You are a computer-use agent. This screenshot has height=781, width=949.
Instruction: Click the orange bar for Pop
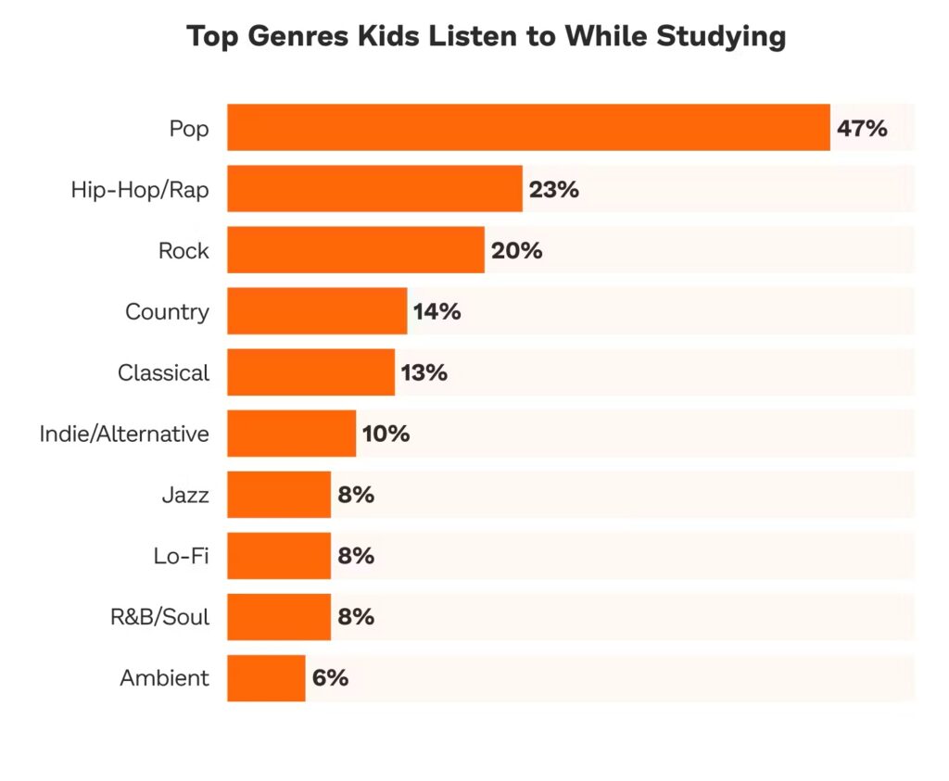[528, 128]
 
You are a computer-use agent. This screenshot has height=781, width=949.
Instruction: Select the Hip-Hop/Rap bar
[374, 189]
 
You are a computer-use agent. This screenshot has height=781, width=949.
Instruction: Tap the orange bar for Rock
[355, 250]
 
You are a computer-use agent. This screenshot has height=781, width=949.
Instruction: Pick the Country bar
[317, 311]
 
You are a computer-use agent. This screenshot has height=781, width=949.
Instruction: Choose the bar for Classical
[310, 372]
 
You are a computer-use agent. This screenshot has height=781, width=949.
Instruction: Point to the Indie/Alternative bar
[291, 434]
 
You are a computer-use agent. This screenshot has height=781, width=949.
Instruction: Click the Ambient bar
[266, 678]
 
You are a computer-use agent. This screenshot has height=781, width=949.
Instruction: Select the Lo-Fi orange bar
[278, 556]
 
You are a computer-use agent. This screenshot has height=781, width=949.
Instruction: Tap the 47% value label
[862, 129]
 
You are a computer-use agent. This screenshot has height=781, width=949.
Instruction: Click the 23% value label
[554, 190]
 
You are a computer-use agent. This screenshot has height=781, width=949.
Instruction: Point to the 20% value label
[517, 251]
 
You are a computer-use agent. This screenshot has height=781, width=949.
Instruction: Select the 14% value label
[437, 312]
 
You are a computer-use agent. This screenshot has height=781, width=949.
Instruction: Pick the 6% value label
[330, 678]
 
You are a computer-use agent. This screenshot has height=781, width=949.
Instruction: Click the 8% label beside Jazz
[356, 495]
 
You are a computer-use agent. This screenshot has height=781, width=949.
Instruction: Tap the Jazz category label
[185, 496]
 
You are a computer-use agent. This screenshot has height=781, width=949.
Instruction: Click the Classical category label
[163, 373]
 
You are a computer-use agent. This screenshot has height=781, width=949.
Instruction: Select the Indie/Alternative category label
[124, 434]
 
